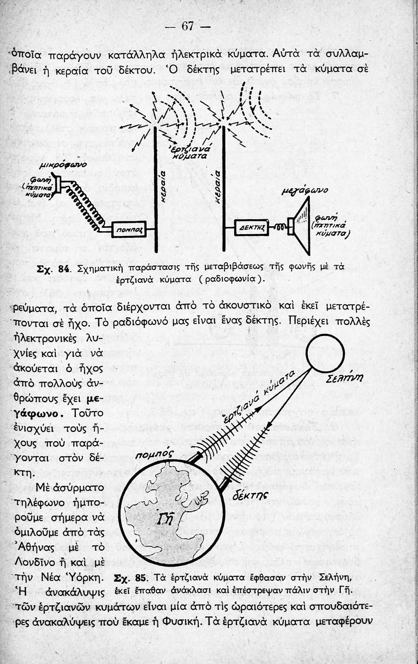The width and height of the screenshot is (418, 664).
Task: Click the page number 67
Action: pos(188,26)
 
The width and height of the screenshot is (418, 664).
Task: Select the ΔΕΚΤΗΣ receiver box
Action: pos(252,228)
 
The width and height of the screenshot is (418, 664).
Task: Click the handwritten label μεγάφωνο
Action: pos(305,190)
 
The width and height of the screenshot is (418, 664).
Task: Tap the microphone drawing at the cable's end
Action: pos(58,183)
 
